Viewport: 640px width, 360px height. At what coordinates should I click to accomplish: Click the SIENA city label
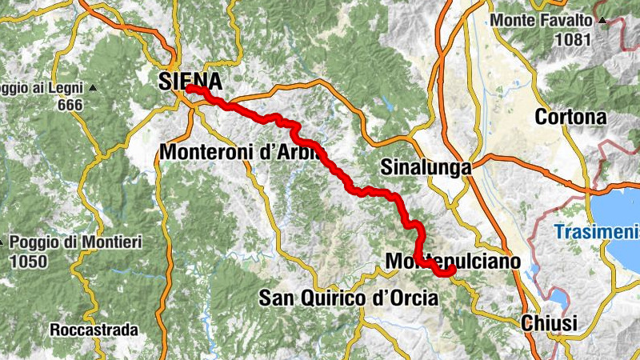point(190,81)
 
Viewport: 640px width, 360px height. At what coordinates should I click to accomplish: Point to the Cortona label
point(570,118)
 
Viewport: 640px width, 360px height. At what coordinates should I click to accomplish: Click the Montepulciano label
point(453,262)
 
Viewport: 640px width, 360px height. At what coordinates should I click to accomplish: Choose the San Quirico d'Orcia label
point(349,298)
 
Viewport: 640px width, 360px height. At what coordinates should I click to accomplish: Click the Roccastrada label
point(94,330)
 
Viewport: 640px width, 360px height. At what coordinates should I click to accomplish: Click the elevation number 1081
point(574,38)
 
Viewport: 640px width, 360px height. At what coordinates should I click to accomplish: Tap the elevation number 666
point(70,105)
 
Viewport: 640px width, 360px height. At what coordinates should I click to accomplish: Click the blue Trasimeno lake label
point(597,233)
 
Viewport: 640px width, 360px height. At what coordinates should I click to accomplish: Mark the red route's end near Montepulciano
point(452,270)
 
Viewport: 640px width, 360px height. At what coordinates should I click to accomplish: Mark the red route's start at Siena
point(189,88)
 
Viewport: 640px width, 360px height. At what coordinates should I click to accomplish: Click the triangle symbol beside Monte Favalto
point(600,19)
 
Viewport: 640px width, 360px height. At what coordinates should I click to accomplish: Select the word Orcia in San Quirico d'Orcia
point(410,298)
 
